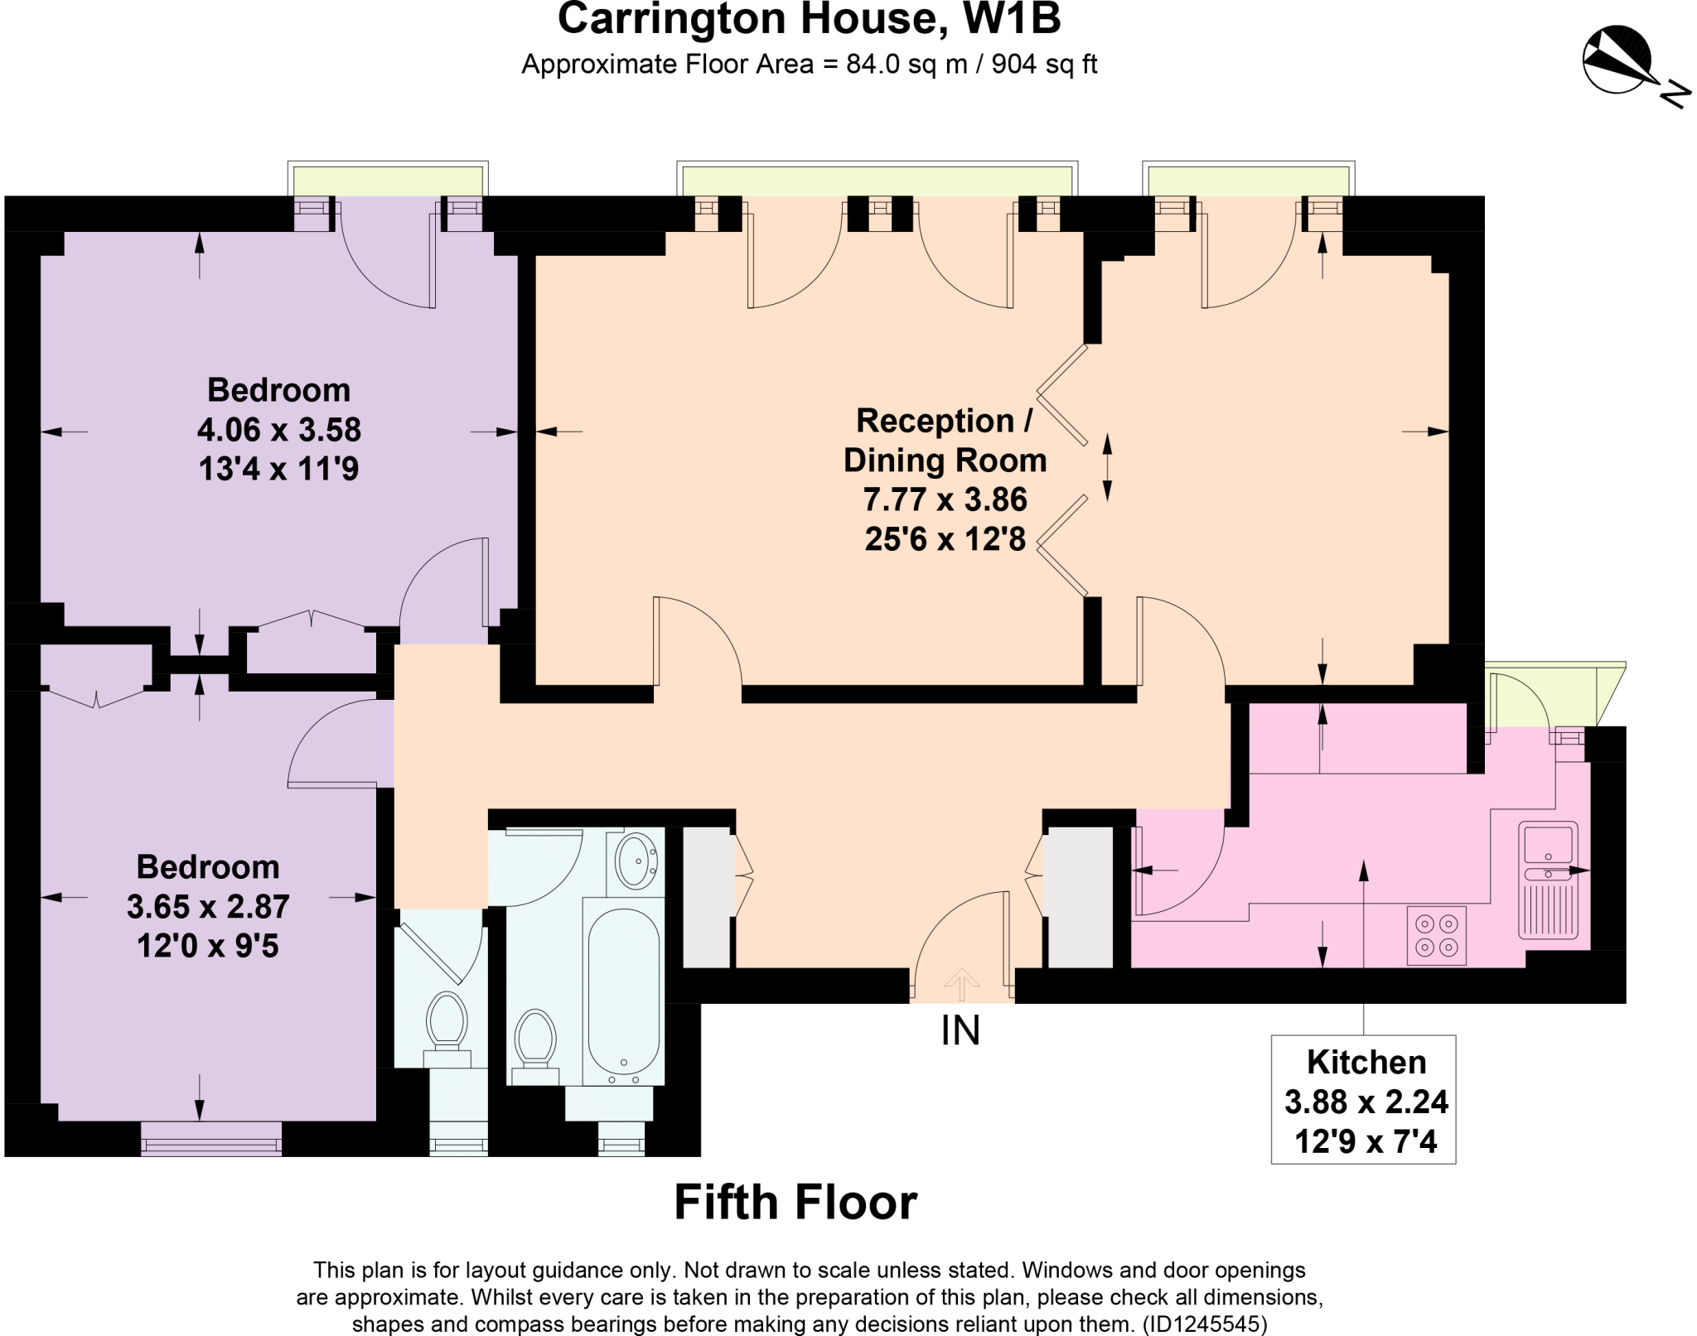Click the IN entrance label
960,1030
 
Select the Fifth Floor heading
795,1203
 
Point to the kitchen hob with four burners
1436,936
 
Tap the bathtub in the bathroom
623,991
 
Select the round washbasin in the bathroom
636,861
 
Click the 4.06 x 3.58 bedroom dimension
279,430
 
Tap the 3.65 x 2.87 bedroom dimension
208,907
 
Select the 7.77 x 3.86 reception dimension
945,500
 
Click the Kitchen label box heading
1366,1062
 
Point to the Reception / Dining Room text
945,441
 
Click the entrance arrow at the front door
961,984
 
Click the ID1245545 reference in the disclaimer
1205,1324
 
